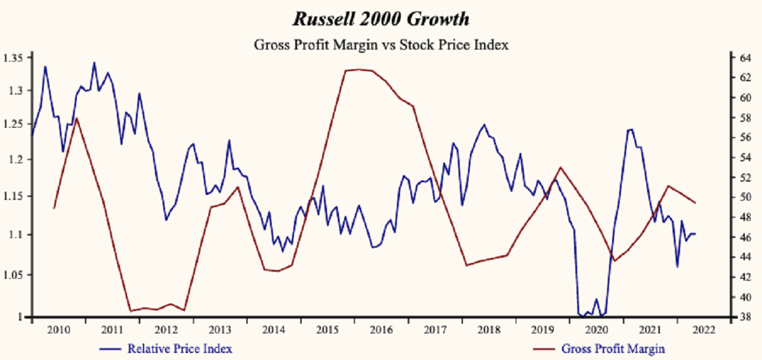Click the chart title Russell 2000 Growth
click(381, 19)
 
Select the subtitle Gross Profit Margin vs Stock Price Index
click(381, 45)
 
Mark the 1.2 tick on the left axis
click(16, 159)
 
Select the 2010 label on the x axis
click(58, 330)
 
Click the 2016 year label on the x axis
click(381, 330)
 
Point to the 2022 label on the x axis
click(704, 330)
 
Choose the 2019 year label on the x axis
click(542, 330)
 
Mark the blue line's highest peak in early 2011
click(94, 62)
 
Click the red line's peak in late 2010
click(76, 118)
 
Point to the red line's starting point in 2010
click(54, 208)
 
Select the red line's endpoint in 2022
click(695, 203)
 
